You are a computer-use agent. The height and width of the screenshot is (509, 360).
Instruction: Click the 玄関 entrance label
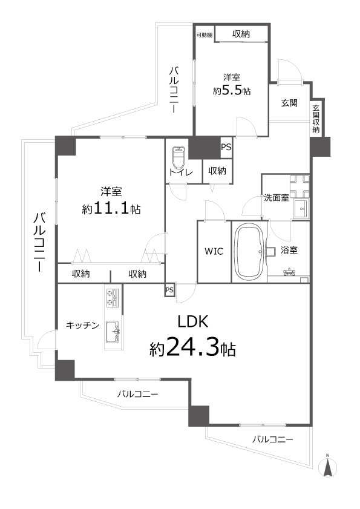pos(289,103)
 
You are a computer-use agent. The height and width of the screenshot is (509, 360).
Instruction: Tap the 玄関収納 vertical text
pos(316,119)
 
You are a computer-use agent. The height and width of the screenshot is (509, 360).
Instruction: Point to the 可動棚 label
pos(204,35)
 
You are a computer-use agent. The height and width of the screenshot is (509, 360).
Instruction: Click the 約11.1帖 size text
pos(111,209)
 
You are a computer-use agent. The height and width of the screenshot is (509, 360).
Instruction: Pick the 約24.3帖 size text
pos(192,349)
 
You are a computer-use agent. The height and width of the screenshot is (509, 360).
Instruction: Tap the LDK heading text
pos(192,321)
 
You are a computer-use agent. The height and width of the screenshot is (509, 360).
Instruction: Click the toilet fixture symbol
pos(178,158)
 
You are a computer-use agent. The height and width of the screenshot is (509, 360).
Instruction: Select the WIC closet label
pos(214,252)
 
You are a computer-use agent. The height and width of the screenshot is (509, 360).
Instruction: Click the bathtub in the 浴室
pos(249,251)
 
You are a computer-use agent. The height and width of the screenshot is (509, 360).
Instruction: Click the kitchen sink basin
pos(113,331)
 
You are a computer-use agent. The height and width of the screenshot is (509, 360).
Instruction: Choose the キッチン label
pos(82,326)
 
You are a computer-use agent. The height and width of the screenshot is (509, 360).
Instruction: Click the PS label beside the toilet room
pos(226,146)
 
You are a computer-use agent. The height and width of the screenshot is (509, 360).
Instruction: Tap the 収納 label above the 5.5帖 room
pos(241,34)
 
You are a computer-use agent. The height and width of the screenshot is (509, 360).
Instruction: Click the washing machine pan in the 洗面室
pos(299,187)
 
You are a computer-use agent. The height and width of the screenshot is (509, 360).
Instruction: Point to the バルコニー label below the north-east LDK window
pos(272,439)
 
